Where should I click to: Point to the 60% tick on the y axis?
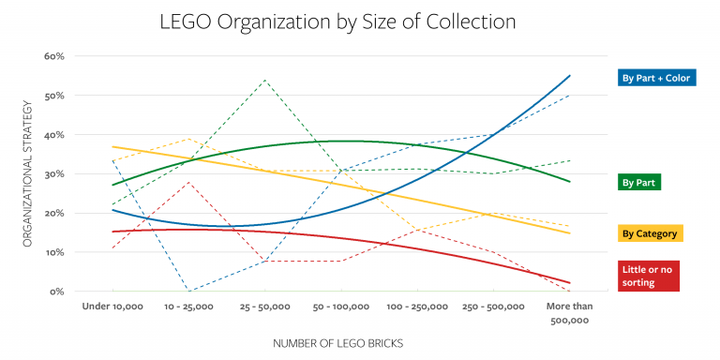[53, 56]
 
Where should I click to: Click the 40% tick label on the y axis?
[53, 134]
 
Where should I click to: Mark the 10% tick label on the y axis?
[53, 252]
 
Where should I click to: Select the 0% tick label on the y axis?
[56, 292]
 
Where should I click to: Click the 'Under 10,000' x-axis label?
[112, 307]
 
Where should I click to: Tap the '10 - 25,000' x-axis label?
[188, 307]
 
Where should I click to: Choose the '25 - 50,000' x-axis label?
[264, 307]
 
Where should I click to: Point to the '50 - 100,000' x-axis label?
[340, 307]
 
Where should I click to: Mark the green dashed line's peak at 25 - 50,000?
[264, 80]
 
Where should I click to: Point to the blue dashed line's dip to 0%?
[188, 291]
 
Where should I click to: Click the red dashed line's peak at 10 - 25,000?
[188, 182]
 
